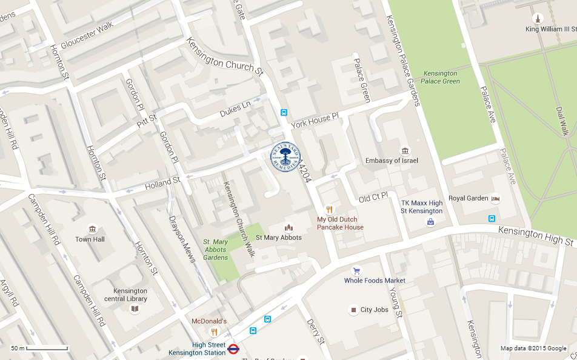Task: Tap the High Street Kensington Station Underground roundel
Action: click(x=233, y=348)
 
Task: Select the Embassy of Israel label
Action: click(x=392, y=161)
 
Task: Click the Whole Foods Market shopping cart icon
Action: click(x=356, y=271)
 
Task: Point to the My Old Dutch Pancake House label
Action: click(x=340, y=224)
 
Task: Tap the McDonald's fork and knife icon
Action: click(x=213, y=332)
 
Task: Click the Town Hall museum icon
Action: click(x=92, y=229)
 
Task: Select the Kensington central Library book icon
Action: click(x=135, y=309)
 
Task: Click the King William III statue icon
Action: click(x=536, y=18)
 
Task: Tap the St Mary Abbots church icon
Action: click(x=288, y=227)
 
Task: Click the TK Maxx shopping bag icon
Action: click(x=430, y=222)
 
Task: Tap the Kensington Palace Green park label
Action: click(x=441, y=77)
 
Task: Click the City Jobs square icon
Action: click(x=353, y=310)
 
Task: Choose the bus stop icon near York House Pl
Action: click(x=284, y=112)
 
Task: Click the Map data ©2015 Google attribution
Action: click(x=533, y=348)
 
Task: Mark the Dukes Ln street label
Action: click(x=235, y=108)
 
